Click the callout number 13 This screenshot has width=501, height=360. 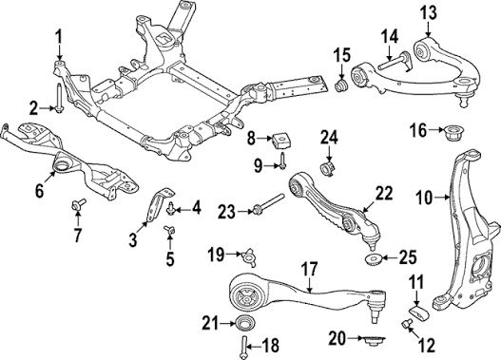pyautogui.click(x=428, y=14)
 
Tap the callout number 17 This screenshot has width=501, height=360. pyautogui.click(x=309, y=269)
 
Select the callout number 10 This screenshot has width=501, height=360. pyautogui.click(x=424, y=199)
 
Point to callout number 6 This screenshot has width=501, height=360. pyautogui.click(x=39, y=191)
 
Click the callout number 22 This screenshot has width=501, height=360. pyautogui.click(x=383, y=194)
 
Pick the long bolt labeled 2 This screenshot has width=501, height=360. pyautogui.click(x=59, y=98)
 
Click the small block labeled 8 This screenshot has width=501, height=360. pyautogui.click(x=279, y=141)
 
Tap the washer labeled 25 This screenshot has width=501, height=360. pyautogui.click(x=373, y=257)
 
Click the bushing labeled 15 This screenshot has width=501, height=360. pyautogui.click(x=341, y=85)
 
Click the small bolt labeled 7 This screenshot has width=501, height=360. pyautogui.click(x=78, y=204)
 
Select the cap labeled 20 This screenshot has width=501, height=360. pyautogui.click(x=373, y=342)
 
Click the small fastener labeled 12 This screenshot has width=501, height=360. pyautogui.click(x=406, y=324)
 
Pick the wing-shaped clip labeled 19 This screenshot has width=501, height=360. pyautogui.click(x=247, y=256)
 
